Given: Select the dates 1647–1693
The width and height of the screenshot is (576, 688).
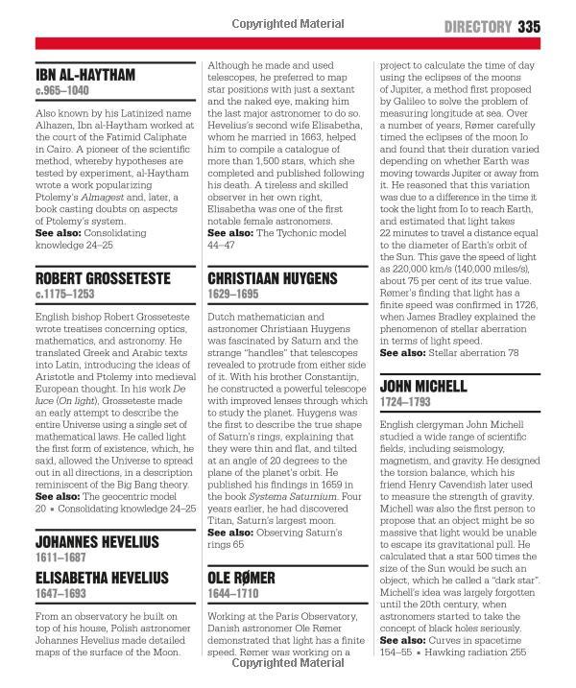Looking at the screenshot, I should pyautogui.click(x=56, y=594).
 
